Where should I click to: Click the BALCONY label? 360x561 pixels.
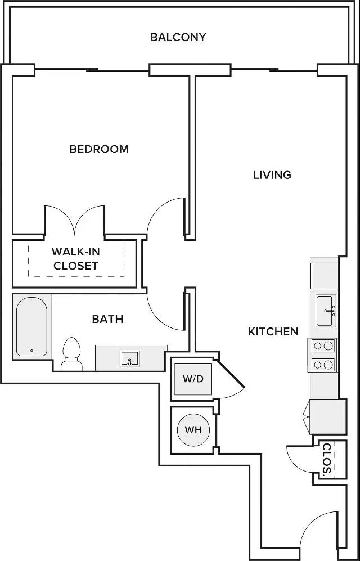tap(178, 37)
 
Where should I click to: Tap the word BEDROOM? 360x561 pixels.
tap(99, 149)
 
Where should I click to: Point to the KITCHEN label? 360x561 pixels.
tap(273, 331)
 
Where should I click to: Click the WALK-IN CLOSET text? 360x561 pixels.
tap(75, 259)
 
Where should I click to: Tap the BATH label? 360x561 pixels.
tap(107, 319)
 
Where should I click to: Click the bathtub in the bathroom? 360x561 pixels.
tap(31, 327)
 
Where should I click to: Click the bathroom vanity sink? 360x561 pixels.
tap(130, 359)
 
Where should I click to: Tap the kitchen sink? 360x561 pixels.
tap(326, 311)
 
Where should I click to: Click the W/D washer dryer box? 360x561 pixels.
tap(193, 379)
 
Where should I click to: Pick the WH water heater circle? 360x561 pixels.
tap(193, 430)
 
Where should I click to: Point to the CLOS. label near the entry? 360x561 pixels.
tap(327, 461)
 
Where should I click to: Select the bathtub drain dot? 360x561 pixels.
tap(32, 351)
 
